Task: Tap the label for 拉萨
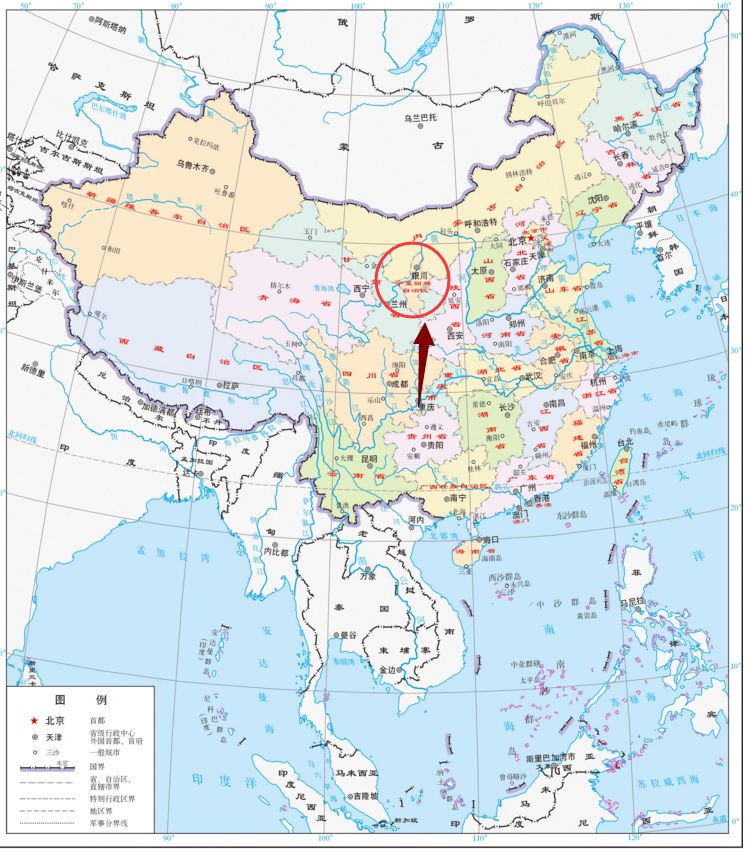230,384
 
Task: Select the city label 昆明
370,460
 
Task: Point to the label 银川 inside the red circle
419,275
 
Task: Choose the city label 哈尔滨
624,127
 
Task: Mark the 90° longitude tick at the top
271,7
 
